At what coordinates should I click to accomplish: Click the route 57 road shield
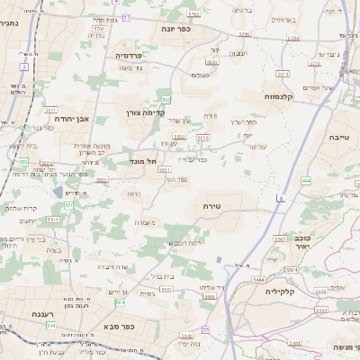[127, 17]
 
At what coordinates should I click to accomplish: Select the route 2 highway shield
[24, 67]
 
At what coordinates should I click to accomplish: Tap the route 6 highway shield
[282, 195]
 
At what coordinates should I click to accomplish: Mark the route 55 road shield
[205, 330]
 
